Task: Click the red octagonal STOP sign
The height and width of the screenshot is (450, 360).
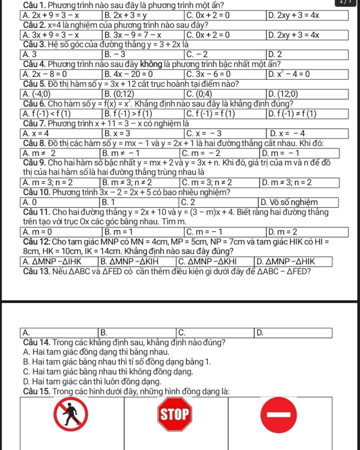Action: (x=175, y=414)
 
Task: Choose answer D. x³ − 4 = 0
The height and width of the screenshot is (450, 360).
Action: (x=288, y=75)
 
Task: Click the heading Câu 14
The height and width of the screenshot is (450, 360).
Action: (x=38, y=342)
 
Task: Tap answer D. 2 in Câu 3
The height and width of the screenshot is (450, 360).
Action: (x=275, y=55)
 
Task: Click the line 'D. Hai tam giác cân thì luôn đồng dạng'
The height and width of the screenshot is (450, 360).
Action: (x=92, y=381)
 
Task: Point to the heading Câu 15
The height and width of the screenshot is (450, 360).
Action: (x=38, y=391)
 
